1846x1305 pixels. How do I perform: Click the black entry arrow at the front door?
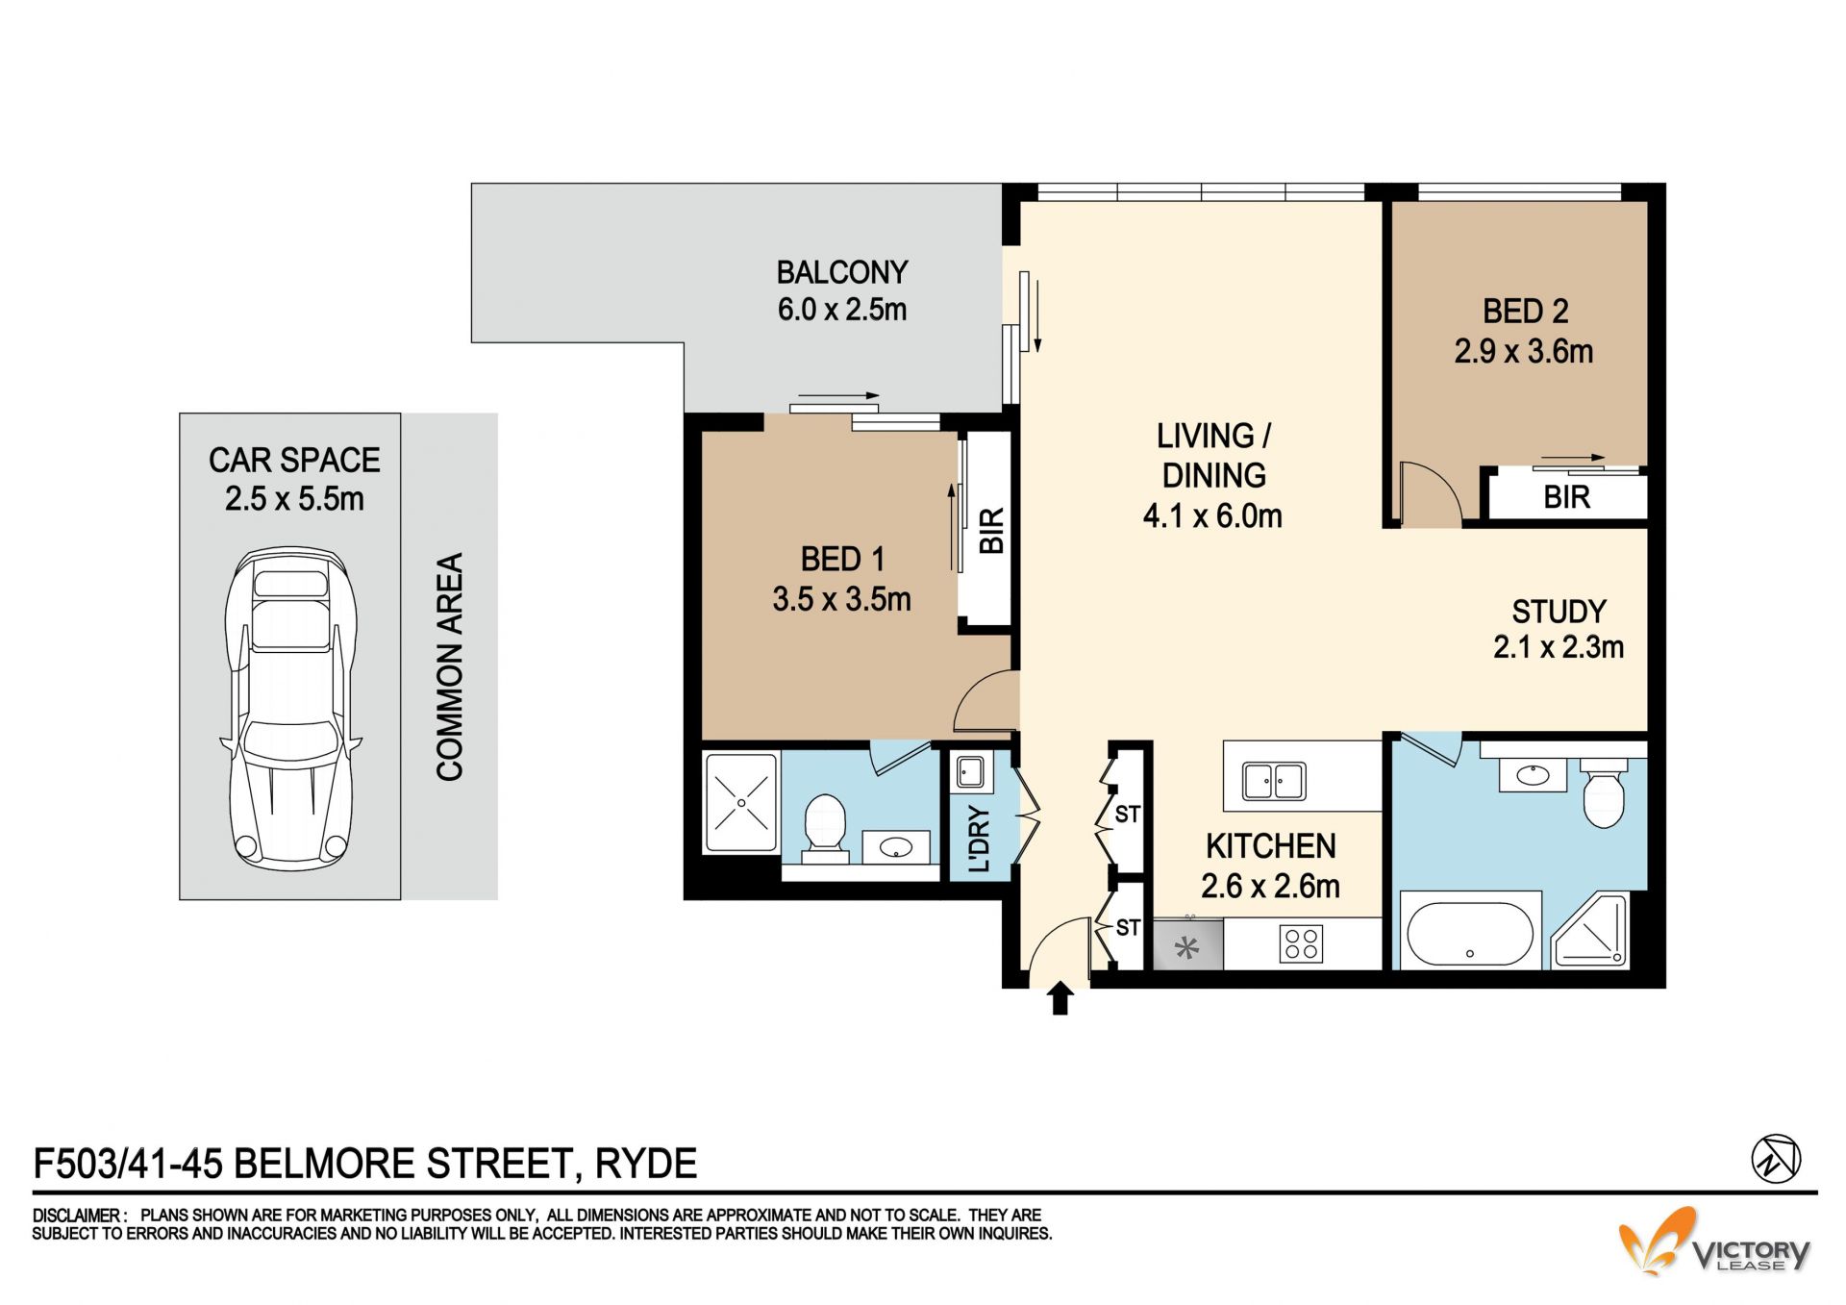[x=1060, y=998]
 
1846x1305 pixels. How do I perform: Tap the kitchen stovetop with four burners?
[x=1301, y=943]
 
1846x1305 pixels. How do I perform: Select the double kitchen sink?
[x=1274, y=781]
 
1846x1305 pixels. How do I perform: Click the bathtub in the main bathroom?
[x=1470, y=932]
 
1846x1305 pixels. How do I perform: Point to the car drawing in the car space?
[x=291, y=708]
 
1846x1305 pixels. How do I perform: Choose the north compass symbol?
[x=1775, y=1158]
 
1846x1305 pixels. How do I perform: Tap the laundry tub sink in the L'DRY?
[x=969, y=772]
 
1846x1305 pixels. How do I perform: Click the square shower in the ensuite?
[x=741, y=803]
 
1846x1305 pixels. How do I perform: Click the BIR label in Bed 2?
[x=1567, y=497]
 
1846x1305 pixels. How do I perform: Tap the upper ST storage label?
[x=1128, y=815]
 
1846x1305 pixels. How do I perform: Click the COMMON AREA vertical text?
[x=450, y=666]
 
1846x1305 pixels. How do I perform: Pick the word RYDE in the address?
[x=646, y=1164]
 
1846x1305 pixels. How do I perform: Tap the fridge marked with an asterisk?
[x=1188, y=944]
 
